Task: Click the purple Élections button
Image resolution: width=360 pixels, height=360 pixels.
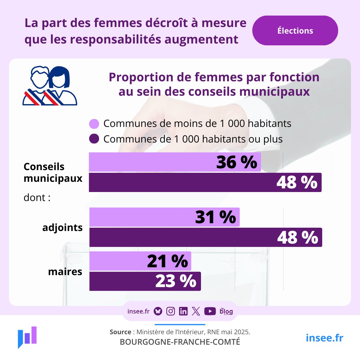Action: [295, 31]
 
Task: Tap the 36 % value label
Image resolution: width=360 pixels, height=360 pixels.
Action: [236, 162]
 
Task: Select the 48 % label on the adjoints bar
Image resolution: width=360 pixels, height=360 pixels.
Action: [297, 238]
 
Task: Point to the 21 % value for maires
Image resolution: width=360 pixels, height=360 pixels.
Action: [167, 261]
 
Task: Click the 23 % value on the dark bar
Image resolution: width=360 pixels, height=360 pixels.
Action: [175, 281]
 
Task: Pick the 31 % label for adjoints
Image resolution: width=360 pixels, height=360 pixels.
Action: [215, 217]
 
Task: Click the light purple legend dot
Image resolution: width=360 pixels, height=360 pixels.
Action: [94, 124]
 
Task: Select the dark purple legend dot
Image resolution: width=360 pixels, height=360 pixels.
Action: [94, 139]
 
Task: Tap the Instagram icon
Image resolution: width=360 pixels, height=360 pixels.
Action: [170, 311]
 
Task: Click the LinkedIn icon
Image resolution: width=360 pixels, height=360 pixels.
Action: [183, 311]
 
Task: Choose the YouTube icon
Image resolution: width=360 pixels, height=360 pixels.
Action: [210, 311]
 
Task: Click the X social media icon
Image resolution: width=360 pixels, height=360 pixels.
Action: [196, 311]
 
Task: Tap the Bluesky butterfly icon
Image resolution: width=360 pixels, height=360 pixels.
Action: [158, 311]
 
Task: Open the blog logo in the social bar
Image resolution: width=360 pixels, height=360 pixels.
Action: [226, 311]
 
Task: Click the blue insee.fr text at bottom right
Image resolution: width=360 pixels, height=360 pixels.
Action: [324, 338]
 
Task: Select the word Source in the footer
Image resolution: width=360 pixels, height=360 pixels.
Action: [120, 332]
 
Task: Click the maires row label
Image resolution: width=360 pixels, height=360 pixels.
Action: [65, 272]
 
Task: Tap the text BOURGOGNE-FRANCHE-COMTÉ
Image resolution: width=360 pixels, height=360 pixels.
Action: [180, 342]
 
